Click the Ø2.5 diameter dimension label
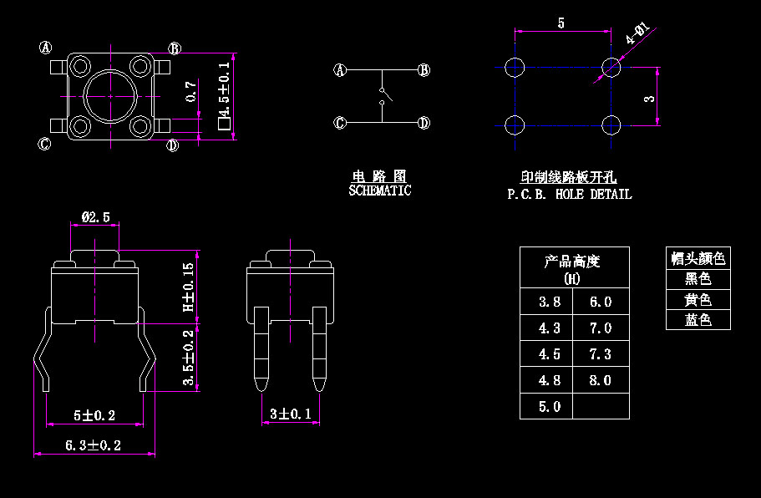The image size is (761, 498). [95, 217]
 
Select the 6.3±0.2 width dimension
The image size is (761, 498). [94, 445]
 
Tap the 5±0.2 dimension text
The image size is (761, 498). [94, 415]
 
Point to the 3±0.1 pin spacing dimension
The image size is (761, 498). [291, 414]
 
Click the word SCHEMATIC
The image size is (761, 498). [379, 191]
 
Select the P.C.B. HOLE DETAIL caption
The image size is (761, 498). [570, 194]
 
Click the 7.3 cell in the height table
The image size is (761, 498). [601, 354]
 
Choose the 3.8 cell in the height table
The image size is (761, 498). [550, 302]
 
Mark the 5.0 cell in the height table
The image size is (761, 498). [550, 407]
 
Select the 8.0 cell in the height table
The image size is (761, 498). [601, 380]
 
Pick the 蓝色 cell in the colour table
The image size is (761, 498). [698, 320]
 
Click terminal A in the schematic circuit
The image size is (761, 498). [340, 70]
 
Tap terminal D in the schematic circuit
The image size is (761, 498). [424, 124]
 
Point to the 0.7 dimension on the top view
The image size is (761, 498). [191, 91]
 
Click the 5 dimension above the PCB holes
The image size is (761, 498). [561, 23]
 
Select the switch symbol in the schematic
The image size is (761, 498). [382, 95]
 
